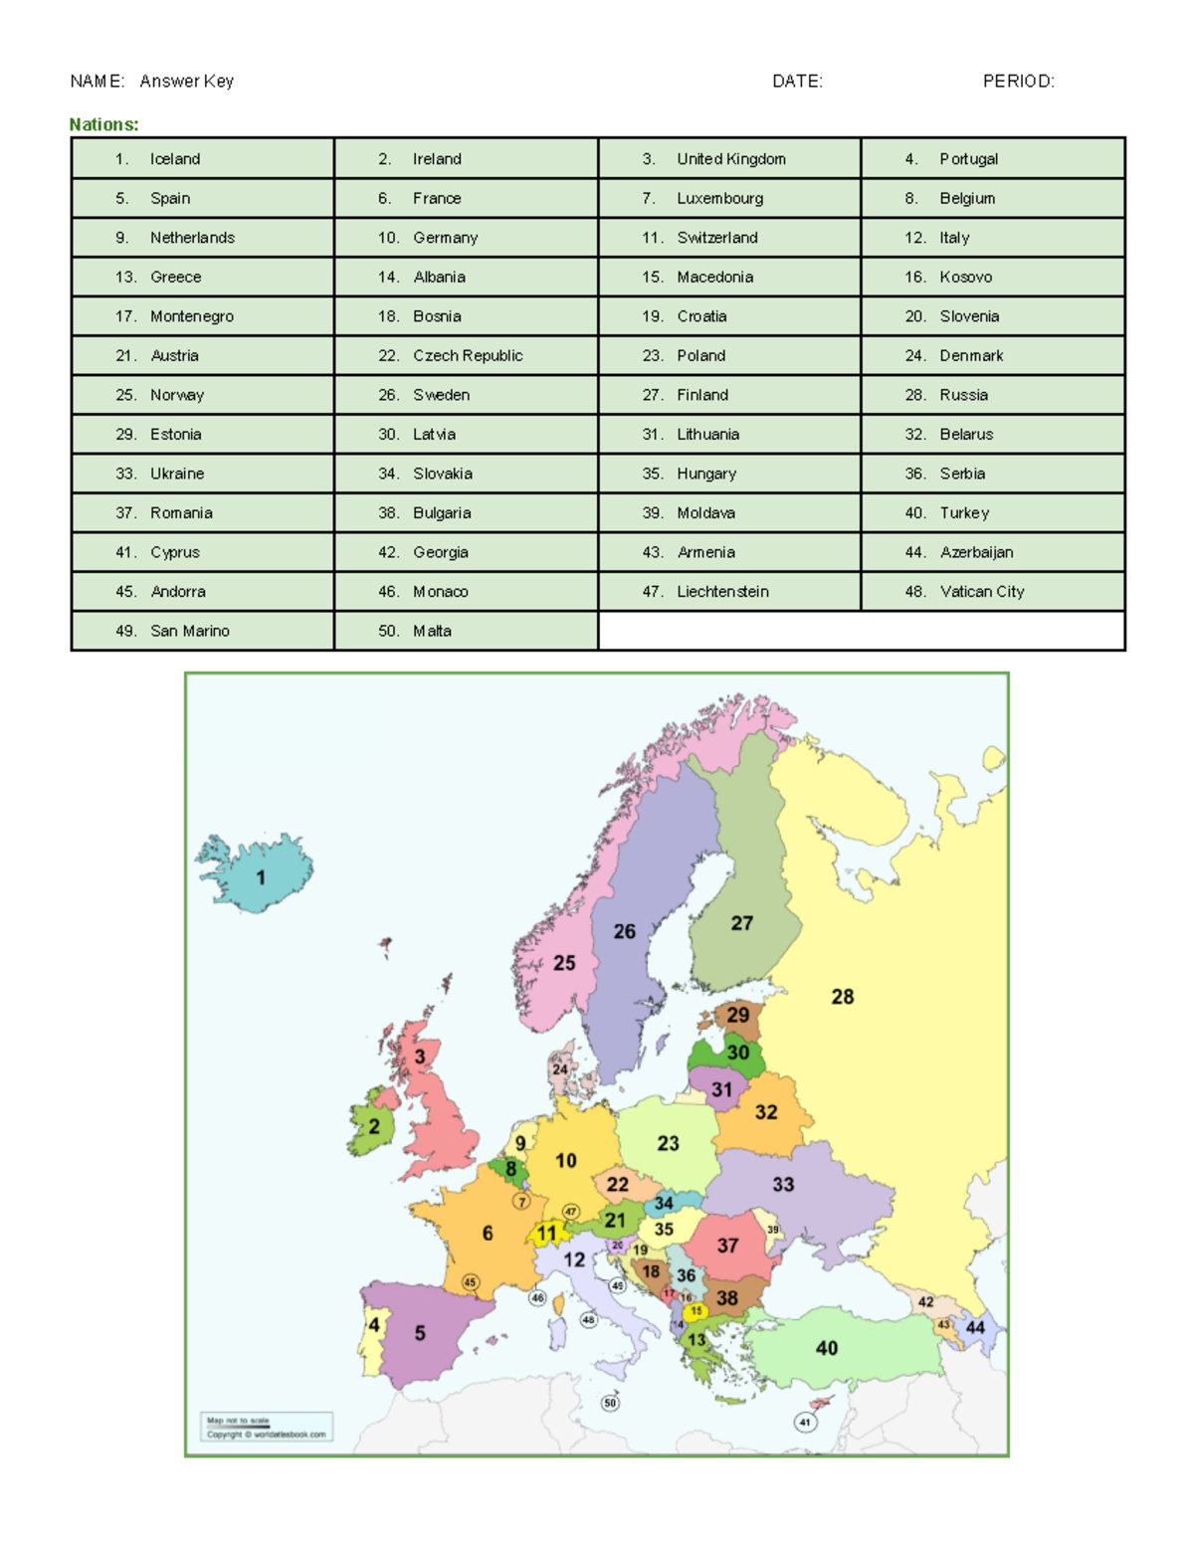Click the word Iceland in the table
pyautogui.click(x=175, y=159)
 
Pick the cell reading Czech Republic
pyautogui.click(x=468, y=355)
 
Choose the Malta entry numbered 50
pyautogui.click(x=432, y=631)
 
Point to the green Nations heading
pyautogui.click(x=103, y=124)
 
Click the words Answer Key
pyautogui.click(x=187, y=82)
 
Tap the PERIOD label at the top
pyautogui.click(x=1018, y=82)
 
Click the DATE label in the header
pyautogui.click(x=797, y=82)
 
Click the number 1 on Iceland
pyautogui.click(x=261, y=877)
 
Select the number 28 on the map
pyautogui.click(x=843, y=996)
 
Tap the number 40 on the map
pyautogui.click(x=827, y=1348)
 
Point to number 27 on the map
pyautogui.click(x=742, y=923)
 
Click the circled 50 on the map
pyautogui.click(x=610, y=1403)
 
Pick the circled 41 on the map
pyautogui.click(x=805, y=1423)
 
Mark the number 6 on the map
pyautogui.click(x=488, y=1234)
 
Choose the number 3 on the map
pyautogui.click(x=420, y=1057)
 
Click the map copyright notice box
pyautogui.click(x=267, y=1428)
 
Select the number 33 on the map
pyautogui.click(x=784, y=1184)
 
